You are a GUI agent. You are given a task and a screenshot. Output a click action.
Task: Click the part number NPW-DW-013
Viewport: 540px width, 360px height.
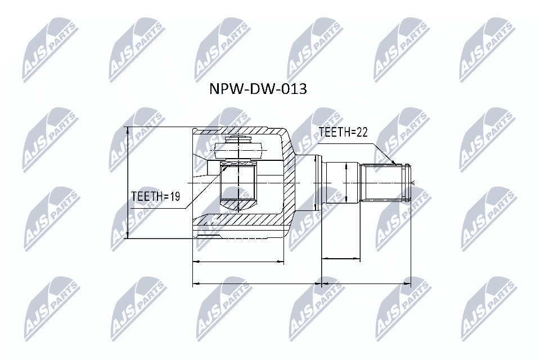pyautogui.click(x=258, y=89)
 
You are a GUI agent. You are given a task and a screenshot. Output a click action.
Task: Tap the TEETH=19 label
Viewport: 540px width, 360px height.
pyautogui.click(x=155, y=196)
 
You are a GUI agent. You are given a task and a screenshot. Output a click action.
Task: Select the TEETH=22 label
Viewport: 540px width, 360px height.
pyautogui.click(x=343, y=132)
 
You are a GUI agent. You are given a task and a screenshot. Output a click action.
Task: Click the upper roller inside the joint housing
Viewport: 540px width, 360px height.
pyautogui.click(x=238, y=148)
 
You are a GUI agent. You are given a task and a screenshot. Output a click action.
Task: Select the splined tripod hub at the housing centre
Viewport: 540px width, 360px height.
pyautogui.click(x=238, y=183)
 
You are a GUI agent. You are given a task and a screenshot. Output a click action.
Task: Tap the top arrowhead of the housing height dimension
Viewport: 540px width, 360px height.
pyautogui.click(x=129, y=130)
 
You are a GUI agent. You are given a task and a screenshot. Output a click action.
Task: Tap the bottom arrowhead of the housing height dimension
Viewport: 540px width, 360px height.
pyautogui.click(x=129, y=235)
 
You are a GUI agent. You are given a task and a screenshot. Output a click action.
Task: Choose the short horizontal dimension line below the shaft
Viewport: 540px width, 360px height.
pyautogui.click(x=340, y=259)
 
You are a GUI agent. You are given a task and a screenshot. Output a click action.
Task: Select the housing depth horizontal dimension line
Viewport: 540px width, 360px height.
pyautogui.click(x=238, y=262)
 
